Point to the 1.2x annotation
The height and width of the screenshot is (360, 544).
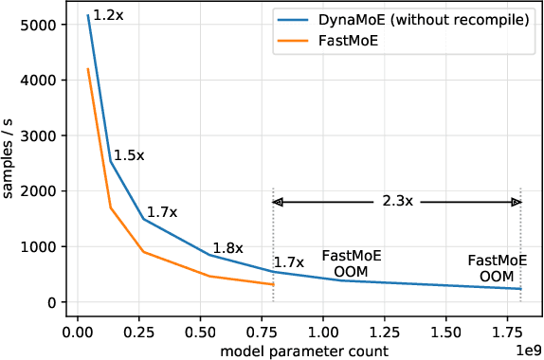(x=108, y=15)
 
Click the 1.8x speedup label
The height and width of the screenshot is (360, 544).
(x=227, y=248)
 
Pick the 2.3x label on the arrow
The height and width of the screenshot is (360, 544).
(x=396, y=202)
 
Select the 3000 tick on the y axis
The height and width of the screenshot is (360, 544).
(x=38, y=135)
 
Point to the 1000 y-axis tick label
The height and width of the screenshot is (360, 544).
(x=38, y=246)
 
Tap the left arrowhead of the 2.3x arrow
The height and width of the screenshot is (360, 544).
(x=278, y=202)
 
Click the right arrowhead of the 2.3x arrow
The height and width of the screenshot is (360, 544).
(x=517, y=202)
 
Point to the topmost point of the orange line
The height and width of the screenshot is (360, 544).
(x=88, y=68)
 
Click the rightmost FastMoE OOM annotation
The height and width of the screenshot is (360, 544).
(x=497, y=267)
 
